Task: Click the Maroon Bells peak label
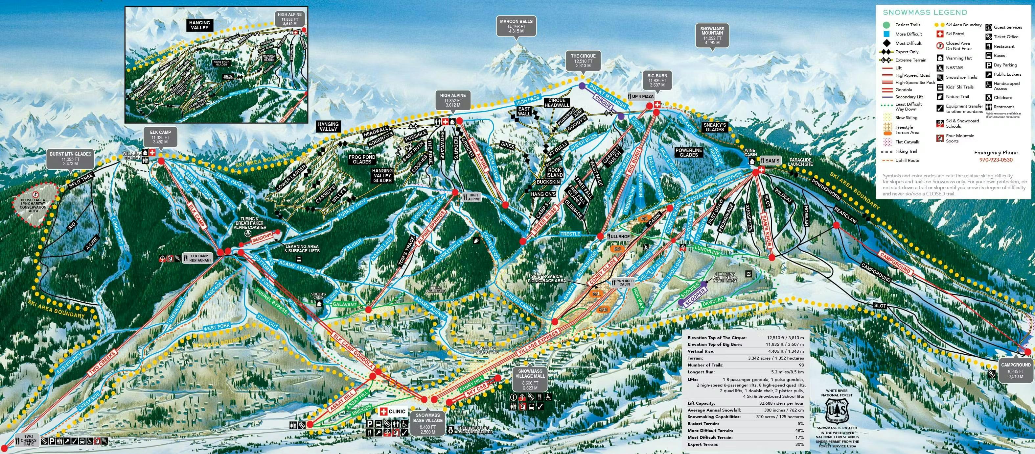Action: pyautogui.click(x=516, y=26)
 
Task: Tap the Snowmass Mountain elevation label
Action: pyautogui.click(x=712, y=36)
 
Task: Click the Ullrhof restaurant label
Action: pyautogui.click(x=619, y=237)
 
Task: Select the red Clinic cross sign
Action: pyautogui.click(x=383, y=411)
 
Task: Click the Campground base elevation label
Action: pyautogui.click(x=1016, y=370)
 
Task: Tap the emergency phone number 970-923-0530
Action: pyautogui.click(x=996, y=160)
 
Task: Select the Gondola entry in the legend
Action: pyautogui.click(x=904, y=90)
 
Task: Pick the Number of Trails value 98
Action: pyautogui.click(x=801, y=365)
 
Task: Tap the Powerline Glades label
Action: pyautogui.click(x=689, y=153)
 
